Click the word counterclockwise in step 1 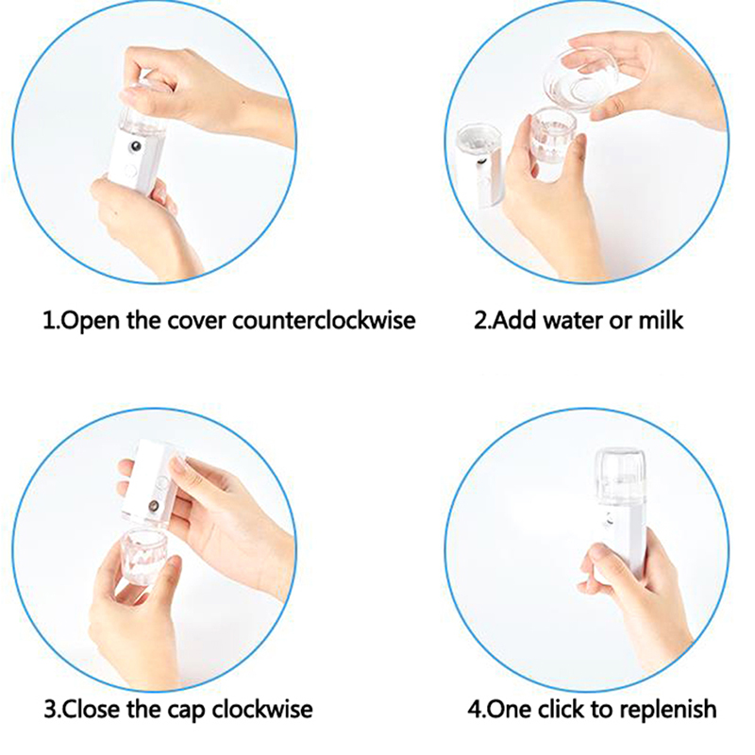324,320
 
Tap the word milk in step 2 661,320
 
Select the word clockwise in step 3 262,710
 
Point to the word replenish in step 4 667,710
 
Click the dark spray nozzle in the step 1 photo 137,146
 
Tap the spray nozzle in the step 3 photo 154,506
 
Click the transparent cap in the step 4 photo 620,476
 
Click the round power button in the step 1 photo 129,170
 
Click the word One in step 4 511,710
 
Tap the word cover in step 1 196,322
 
